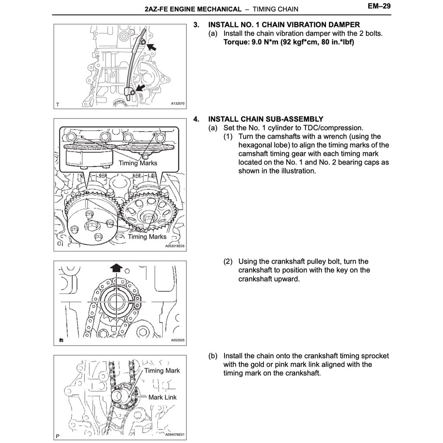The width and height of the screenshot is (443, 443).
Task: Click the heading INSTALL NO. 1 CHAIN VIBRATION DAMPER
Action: [284, 25]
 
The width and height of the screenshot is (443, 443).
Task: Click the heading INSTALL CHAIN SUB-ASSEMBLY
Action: [266, 119]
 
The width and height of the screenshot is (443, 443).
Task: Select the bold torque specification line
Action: [289, 42]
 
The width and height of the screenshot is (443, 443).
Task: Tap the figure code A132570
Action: [177, 104]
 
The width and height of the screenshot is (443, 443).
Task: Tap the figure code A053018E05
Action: [175, 246]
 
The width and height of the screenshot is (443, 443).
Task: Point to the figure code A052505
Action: [177, 340]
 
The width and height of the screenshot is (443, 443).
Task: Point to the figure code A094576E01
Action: [175, 434]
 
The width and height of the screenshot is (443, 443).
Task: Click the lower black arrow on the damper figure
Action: [139, 88]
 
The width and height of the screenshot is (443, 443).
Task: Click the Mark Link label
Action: [162, 397]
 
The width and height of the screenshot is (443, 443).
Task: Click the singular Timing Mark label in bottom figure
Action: [162, 371]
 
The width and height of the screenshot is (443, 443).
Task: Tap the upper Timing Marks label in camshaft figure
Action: [138, 163]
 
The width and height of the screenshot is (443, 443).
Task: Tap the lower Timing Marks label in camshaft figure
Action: [147, 237]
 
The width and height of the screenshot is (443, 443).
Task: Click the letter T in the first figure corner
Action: [58, 104]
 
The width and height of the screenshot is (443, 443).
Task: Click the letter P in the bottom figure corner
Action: [58, 434]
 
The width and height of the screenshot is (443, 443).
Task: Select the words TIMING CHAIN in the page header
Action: [275, 9]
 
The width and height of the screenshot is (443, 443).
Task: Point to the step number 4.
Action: [196, 119]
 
